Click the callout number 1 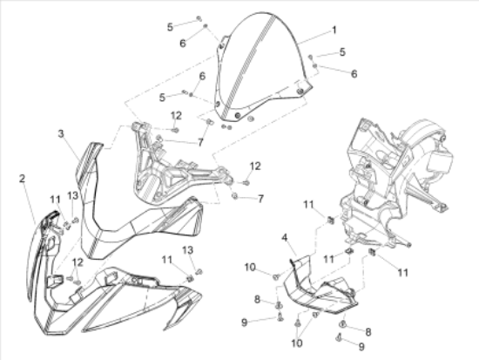[x=334, y=30]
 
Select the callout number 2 [x=22, y=179]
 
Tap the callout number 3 [x=61, y=133]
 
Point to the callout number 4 [x=285, y=238]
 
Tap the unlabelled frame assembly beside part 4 [x=397, y=184]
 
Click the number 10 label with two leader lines [x=297, y=343]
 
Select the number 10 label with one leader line [x=250, y=268]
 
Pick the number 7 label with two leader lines [x=200, y=142]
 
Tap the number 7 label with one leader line [x=260, y=199]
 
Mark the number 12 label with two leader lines [x=78, y=262]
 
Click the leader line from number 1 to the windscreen [x=314, y=37]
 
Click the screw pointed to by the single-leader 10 [x=276, y=277]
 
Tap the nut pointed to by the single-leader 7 [x=234, y=196]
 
